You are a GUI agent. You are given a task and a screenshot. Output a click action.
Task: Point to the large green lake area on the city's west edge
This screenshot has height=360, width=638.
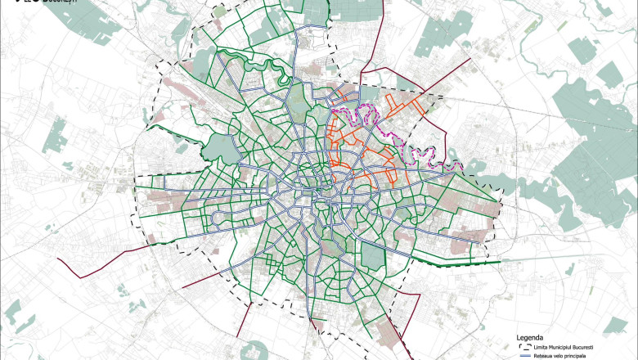(x=217, y=147)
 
